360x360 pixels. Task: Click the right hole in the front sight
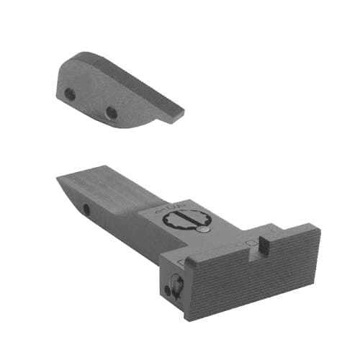pyautogui.click(x=111, y=112)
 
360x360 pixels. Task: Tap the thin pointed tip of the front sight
pyautogui.click(x=181, y=111)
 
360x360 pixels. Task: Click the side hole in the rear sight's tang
pyautogui.click(x=86, y=209)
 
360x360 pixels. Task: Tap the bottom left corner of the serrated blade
pyautogui.click(x=189, y=318)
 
